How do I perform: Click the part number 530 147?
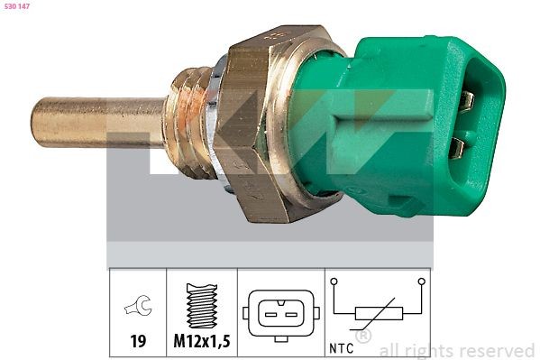click(x=18, y=7)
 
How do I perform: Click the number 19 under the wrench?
click(x=138, y=343)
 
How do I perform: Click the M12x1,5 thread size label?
click(x=202, y=343)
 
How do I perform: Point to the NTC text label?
click(x=342, y=344)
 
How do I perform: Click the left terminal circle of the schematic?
click(x=334, y=282)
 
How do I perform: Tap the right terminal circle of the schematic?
click(x=421, y=282)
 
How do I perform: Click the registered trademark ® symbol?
click(x=363, y=337)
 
